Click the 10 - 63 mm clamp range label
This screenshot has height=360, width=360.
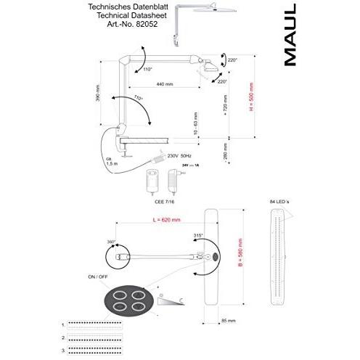(x=195, y=121)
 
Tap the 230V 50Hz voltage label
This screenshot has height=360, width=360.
(x=181, y=155)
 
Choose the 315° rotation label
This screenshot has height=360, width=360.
(x=197, y=236)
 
